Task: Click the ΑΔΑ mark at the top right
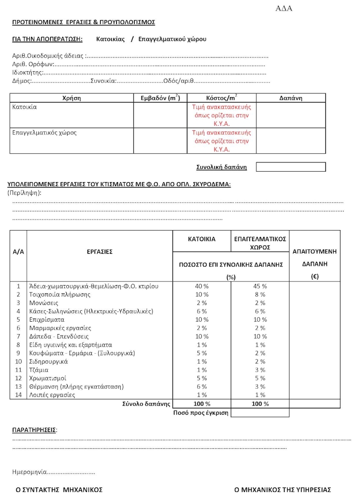tap(284, 9)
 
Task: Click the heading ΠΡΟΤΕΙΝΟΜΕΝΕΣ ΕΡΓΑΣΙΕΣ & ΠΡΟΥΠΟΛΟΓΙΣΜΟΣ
tap(83, 22)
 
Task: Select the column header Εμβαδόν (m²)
tap(160, 98)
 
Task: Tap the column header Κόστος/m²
tap(221, 98)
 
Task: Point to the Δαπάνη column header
tap(290, 98)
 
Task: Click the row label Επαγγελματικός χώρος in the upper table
tap(44, 132)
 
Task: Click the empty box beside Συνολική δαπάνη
tap(290, 167)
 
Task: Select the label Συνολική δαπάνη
tap(221, 167)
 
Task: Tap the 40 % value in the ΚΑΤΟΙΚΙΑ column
tap(202, 286)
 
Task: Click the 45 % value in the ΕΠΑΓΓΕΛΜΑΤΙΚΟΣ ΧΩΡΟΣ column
tap(260, 286)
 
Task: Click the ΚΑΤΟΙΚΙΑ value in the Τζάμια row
tap(202, 370)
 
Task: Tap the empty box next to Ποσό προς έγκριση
tap(260, 413)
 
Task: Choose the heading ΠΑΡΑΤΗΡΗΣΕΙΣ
tap(34, 430)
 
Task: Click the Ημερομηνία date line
tap(53, 472)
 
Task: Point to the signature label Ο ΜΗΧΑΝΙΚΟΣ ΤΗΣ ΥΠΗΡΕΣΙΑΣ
tap(282, 490)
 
